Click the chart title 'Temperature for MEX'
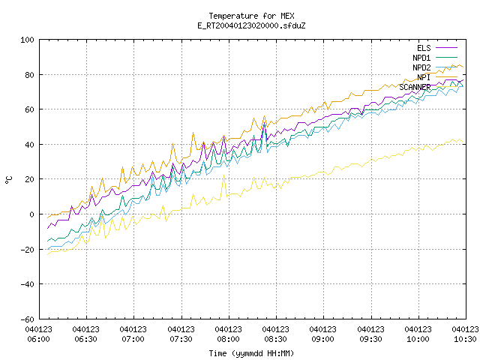click(251, 16)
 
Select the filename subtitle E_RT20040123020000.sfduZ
click(251, 25)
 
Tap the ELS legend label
click(424, 48)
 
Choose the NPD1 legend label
click(421, 58)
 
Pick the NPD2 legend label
click(421, 67)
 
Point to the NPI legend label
click(424, 77)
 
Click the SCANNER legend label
click(415, 87)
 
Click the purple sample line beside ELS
click(446, 48)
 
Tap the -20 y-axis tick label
click(27, 250)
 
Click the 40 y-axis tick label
click(29, 145)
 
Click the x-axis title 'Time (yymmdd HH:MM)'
click(251, 353)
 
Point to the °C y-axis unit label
click(8, 180)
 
